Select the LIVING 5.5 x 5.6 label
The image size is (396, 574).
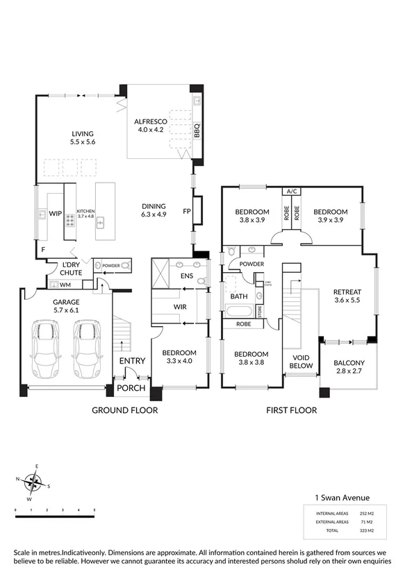[82, 137]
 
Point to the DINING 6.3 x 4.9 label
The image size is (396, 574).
[154, 210]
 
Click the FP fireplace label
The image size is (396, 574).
[186, 211]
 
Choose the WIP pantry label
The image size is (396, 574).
[56, 214]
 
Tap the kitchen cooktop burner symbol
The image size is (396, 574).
[70, 221]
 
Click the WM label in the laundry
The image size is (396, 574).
[65, 285]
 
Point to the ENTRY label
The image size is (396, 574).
[133, 361]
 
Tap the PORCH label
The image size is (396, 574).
[129, 388]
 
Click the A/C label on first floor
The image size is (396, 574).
[290, 192]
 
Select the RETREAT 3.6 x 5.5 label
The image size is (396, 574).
[349, 296]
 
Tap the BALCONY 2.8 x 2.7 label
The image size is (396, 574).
[349, 366]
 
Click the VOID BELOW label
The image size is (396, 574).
[301, 361]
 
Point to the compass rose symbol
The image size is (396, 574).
[31, 480]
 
